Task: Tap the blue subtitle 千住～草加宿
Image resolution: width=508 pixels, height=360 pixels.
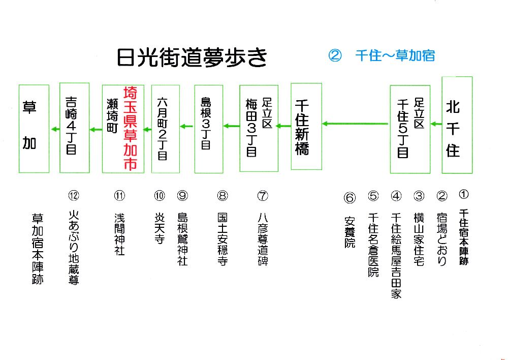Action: pos(395,55)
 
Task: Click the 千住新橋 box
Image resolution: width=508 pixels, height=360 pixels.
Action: pos(306,127)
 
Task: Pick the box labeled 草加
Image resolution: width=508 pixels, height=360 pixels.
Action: pos(34,129)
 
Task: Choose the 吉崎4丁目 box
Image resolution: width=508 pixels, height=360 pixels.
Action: pos(74,128)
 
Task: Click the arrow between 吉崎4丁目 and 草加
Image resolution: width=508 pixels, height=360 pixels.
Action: pos(54,129)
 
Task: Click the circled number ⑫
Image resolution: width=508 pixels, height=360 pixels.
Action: pos(74,195)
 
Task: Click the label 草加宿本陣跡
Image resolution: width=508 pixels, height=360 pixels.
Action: pos(37,248)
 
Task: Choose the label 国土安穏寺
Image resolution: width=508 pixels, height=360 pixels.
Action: pos(222,238)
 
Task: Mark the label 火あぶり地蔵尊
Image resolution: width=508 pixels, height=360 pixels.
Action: pos(74,248)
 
